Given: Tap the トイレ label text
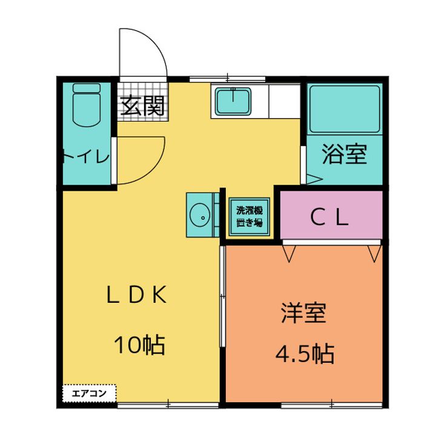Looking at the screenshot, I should pyautogui.click(x=86, y=157).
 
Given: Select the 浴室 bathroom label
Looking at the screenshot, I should pyautogui.click(x=344, y=154).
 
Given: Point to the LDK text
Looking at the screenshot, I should pyautogui.click(x=136, y=295).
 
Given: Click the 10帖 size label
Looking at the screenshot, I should pyautogui.click(x=140, y=345).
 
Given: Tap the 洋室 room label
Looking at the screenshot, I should pyautogui.click(x=304, y=312).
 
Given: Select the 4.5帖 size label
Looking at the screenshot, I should pyautogui.click(x=305, y=352).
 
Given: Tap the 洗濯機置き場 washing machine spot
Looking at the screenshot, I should pyautogui.click(x=249, y=216).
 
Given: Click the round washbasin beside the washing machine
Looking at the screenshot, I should pyautogui.click(x=199, y=214).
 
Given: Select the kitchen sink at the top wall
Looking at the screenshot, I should pyautogui.click(x=233, y=100).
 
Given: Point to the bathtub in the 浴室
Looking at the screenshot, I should pyautogui.click(x=344, y=109).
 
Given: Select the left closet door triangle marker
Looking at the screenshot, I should pyautogui.click(x=288, y=253).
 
